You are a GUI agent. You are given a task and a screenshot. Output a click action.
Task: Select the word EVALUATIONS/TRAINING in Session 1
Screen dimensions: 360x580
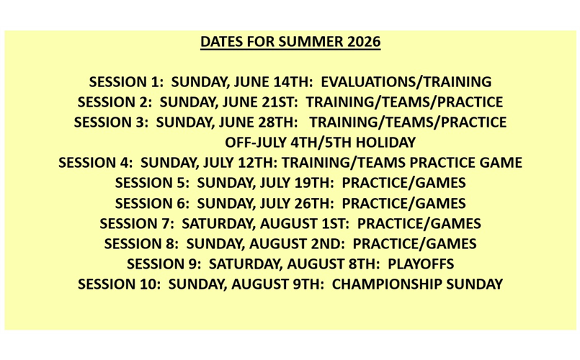[x=421, y=82]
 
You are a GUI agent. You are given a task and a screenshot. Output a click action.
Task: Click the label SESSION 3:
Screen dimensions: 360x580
[x=111, y=122]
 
